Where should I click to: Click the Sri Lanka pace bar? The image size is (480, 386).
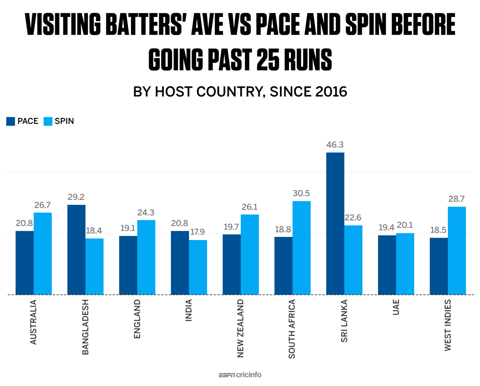[335, 224]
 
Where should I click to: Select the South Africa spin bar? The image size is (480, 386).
[301, 248]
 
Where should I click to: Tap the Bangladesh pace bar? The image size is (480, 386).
[76, 250]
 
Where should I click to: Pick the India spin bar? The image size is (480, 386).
[198, 267]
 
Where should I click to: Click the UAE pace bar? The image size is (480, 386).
[387, 265]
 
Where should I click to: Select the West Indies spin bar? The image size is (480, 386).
[457, 250]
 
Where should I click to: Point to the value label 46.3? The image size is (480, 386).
[335, 145]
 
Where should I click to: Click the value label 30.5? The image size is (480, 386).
[301, 194]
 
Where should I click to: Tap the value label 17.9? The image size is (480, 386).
[197, 232]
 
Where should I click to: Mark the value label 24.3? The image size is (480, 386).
[146, 213]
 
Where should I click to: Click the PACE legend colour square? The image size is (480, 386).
[10, 121]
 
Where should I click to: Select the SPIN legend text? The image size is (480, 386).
[64, 121]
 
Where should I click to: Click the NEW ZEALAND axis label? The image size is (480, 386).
[240, 328]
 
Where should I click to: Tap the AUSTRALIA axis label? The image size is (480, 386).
[33, 322]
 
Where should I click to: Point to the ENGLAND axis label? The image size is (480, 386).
[137, 319]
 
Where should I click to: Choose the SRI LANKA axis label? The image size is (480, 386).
[344, 321]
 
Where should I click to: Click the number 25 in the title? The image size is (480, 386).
[267, 60]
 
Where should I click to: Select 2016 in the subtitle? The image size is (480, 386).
[331, 92]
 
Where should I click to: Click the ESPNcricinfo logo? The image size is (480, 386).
[240, 375]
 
